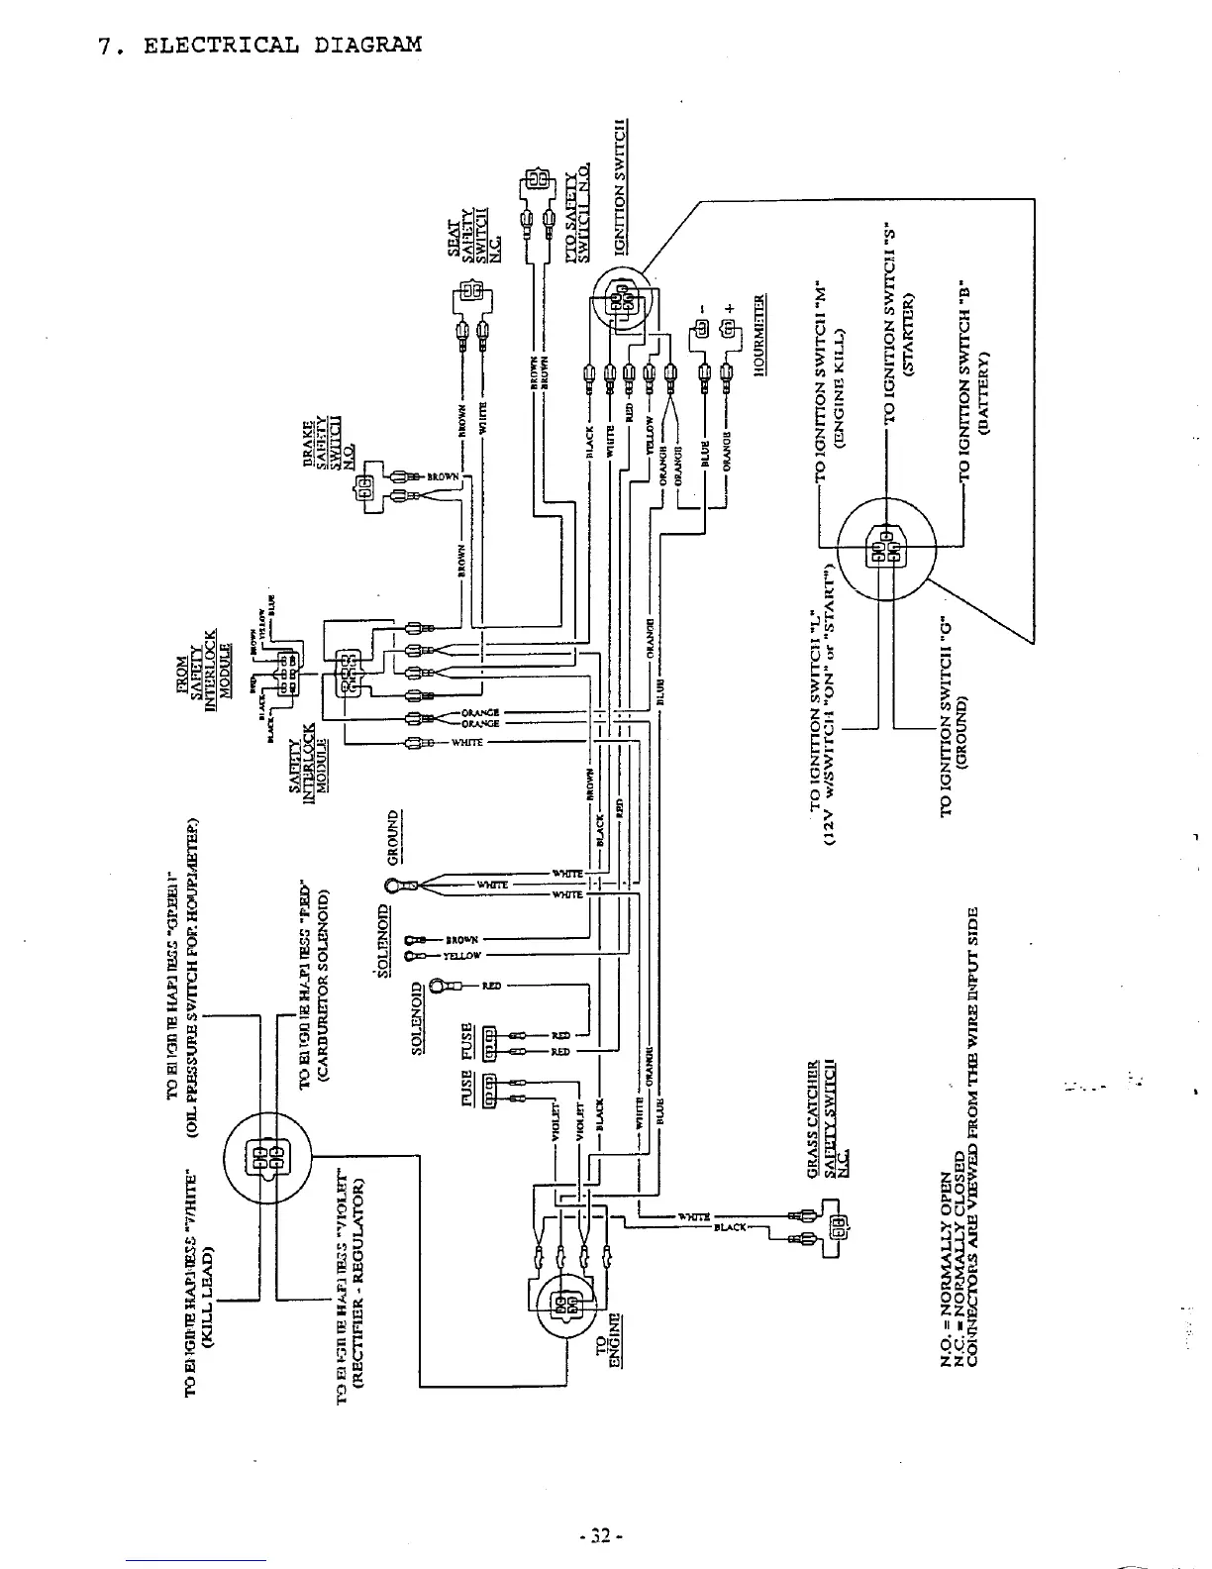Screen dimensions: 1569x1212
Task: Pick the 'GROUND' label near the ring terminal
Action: pyautogui.click(x=393, y=837)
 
